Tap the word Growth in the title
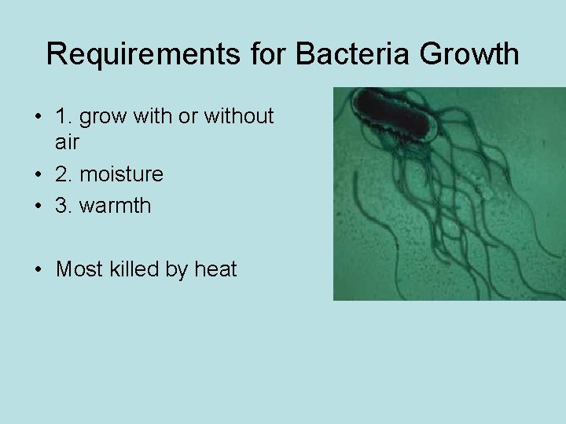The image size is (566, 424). [470, 54]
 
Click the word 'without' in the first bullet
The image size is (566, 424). [238, 116]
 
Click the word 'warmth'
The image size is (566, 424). [119, 206]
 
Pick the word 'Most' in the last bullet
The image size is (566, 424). [79, 269]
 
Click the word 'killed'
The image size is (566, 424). [134, 269]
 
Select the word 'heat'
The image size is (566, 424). [215, 269]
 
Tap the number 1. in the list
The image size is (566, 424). [64, 117]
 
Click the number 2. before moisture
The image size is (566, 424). [64, 173]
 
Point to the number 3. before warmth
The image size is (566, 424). [64, 206]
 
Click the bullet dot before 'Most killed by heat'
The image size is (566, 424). [38, 270]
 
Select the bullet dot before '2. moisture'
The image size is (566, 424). [38, 174]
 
